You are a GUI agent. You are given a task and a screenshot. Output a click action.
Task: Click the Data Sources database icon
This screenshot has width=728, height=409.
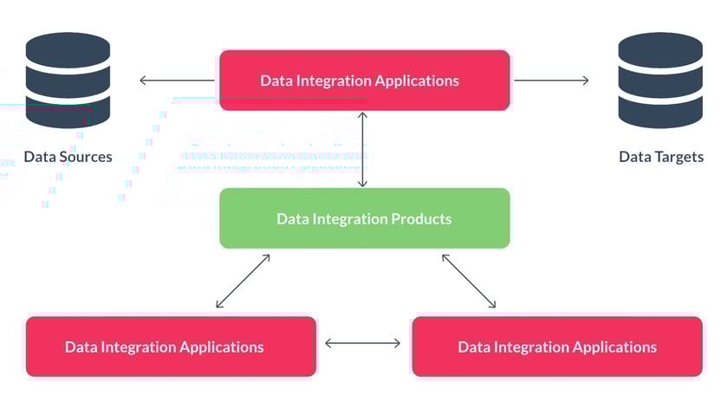pos(68,80)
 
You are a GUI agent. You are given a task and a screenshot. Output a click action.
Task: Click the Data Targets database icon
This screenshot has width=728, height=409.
pos(660,80)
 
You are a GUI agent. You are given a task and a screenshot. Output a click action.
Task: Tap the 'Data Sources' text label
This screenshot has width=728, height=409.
pos(68,157)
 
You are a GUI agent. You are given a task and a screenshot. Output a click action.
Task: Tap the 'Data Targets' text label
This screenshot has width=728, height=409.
pos(660,157)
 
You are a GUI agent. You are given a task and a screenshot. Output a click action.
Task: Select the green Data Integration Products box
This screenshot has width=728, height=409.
pos(364,218)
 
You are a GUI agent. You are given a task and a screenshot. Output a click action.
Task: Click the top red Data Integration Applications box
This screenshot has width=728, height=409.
pos(364,81)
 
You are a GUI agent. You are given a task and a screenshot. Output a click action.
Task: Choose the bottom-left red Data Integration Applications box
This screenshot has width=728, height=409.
pos(171,347)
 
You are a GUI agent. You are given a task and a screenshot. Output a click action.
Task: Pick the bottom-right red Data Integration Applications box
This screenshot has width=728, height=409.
pos(556,347)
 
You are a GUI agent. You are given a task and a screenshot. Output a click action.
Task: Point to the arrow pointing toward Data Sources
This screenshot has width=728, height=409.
pos(177,81)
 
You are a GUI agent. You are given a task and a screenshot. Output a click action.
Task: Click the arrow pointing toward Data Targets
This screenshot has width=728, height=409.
pos(551,81)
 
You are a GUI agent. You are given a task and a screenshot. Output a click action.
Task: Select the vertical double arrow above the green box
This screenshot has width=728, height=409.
pos(363,149)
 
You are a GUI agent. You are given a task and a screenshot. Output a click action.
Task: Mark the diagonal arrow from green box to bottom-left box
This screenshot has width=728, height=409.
pos(243,281)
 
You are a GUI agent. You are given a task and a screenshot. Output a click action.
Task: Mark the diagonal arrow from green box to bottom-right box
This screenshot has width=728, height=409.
pos(469,281)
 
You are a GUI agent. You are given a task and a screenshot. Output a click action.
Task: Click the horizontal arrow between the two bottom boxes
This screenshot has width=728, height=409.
pos(363,343)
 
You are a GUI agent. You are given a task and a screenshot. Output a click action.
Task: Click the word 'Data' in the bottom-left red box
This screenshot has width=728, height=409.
pos(81,347)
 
